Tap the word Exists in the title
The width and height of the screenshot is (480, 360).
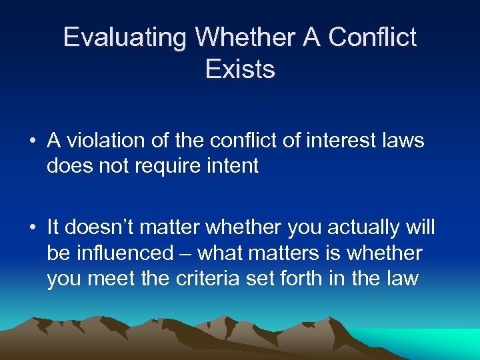tap(240, 69)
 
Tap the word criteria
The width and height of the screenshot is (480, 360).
tap(189, 278)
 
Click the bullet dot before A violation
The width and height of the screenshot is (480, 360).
tap(32, 141)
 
